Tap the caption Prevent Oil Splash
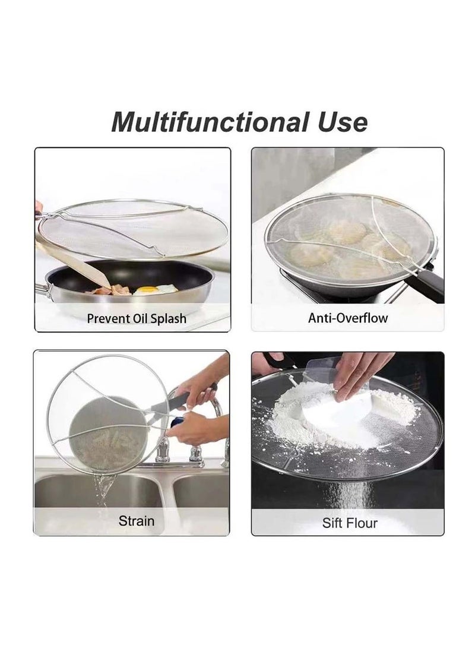tap(137, 318)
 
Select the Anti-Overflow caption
tap(347, 318)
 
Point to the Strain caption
tap(136, 521)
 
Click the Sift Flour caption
tap(350, 523)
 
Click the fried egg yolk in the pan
tap(147, 290)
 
